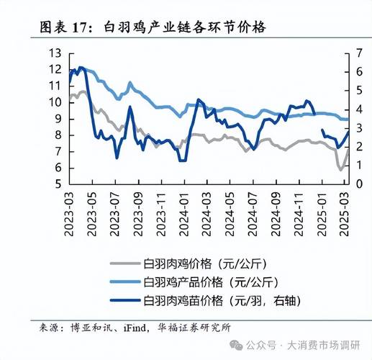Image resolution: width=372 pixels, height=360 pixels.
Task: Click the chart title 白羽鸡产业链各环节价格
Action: pos(184,27)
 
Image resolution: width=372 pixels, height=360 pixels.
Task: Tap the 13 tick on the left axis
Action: pos(55,53)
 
